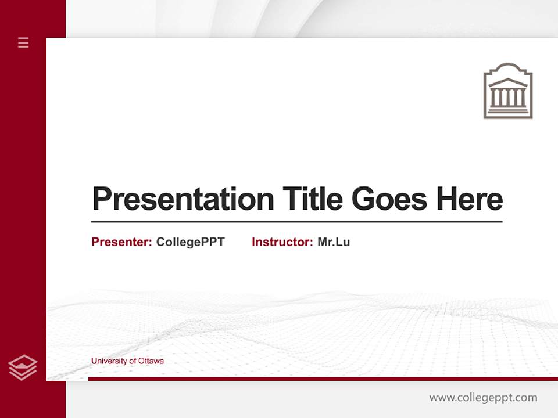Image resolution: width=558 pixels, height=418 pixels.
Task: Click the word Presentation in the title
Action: (183, 199)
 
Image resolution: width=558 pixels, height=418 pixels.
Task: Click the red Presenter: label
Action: (121, 242)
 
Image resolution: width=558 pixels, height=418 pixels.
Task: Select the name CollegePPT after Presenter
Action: (190, 242)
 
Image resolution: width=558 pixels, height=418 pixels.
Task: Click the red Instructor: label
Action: (282, 242)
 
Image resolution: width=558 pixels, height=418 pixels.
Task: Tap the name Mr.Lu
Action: (334, 242)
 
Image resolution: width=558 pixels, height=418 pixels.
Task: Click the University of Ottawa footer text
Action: (127, 361)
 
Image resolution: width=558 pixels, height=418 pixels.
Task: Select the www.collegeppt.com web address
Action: (483, 398)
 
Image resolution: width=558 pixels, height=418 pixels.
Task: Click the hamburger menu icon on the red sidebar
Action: (23, 42)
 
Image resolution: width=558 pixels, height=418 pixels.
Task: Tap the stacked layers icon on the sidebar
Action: (23, 367)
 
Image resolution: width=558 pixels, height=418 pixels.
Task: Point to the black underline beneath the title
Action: (296, 222)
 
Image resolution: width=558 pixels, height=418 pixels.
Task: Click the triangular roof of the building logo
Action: (508, 82)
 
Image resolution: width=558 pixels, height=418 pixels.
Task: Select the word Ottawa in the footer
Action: (151, 361)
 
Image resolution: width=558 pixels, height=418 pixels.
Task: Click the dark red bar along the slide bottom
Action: (323, 379)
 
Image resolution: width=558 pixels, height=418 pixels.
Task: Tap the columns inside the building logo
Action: (508, 98)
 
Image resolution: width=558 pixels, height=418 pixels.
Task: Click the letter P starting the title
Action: (101, 199)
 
